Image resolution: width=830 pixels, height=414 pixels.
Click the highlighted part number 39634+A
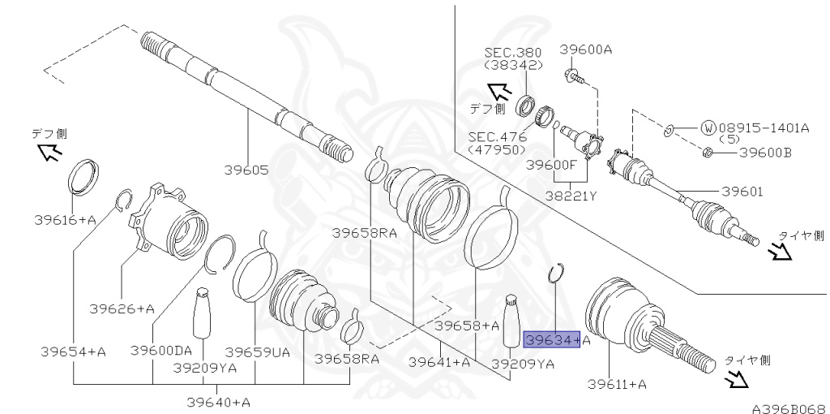click(x=556, y=340)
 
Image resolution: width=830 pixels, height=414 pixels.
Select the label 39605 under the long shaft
click(x=246, y=170)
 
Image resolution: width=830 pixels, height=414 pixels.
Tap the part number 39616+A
click(x=65, y=219)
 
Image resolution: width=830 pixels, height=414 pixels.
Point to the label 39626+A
click(x=122, y=308)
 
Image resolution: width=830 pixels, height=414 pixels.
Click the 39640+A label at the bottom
click(x=218, y=402)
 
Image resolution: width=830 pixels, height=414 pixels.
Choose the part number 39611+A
click(x=617, y=384)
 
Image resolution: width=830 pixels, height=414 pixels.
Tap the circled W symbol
click(x=708, y=127)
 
